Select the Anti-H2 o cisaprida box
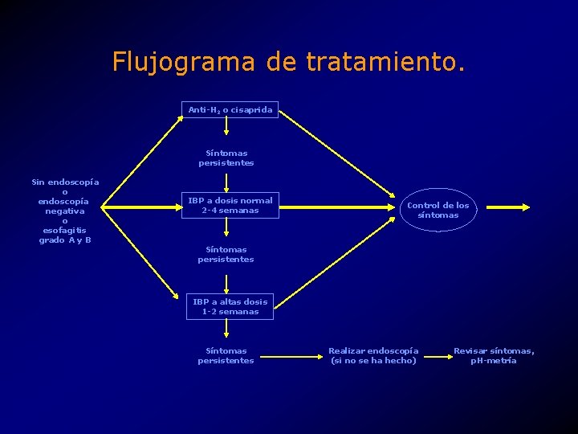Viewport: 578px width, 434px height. (x=230, y=109)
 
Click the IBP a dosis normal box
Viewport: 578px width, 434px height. (x=230, y=206)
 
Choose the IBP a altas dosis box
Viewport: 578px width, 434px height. (x=230, y=306)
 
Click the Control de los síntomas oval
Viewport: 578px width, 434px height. (x=438, y=210)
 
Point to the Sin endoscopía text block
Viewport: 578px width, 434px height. (x=65, y=211)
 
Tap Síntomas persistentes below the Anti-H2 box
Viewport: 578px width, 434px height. (x=226, y=158)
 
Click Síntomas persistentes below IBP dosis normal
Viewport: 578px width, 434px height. (x=226, y=254)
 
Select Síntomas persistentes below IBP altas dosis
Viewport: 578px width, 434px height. (x=226, y=355)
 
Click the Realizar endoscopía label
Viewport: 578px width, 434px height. (x=373, y=350)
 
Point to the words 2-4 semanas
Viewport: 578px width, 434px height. (x=230, y=211)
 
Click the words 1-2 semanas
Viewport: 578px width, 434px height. (x=230, y=312)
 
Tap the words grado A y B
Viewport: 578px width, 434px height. (x=65, y=240)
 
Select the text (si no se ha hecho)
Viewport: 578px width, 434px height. (x=373, y=360)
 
